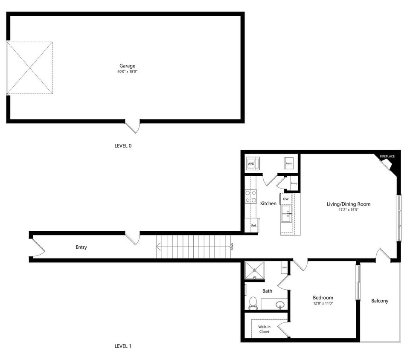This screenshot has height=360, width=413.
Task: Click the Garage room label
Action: [127, 66]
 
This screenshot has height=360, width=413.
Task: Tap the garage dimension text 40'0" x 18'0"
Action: [127, 72]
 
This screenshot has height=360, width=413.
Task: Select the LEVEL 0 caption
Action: [123, 145]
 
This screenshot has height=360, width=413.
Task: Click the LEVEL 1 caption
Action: [123, 346]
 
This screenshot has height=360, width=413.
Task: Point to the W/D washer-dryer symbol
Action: [251, 164]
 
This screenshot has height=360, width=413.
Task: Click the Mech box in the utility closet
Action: [289, 164]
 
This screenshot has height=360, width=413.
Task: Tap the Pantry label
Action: [294, 183]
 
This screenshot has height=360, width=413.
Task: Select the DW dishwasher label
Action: [285, 199]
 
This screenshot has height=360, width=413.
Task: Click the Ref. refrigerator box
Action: [253, 225]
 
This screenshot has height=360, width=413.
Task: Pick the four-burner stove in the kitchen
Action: [251, 197]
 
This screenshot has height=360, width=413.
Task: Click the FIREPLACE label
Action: [387, 157]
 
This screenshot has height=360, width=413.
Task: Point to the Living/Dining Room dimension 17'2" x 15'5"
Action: [348, 210]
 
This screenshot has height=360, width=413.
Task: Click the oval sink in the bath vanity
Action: [280, 305]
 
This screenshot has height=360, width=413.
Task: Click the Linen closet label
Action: [284, 267]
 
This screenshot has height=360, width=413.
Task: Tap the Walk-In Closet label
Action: [264, 329]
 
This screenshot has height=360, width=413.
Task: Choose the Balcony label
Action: [380, 301]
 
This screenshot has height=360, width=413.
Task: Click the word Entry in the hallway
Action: [81, 247]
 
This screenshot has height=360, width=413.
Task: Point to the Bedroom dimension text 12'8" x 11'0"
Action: [323, 303]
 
